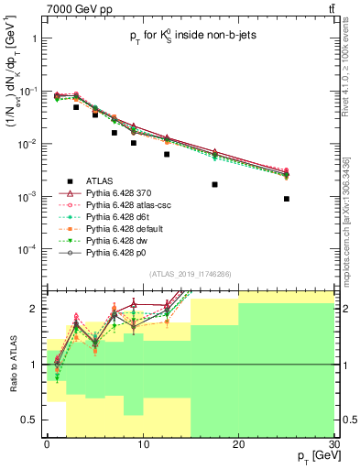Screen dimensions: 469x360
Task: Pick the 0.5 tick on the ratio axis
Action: (31, 420)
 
